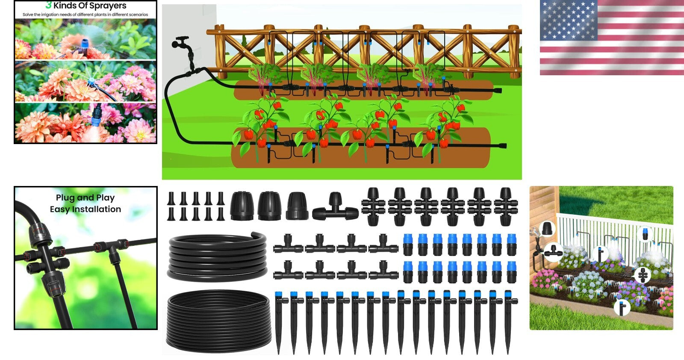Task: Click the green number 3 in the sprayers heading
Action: coord(48,5)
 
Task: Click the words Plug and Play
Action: coord(85,198)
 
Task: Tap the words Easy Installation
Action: coord(85,209)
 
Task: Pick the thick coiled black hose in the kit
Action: coord(218,257)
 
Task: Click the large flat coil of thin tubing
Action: coord(218,321)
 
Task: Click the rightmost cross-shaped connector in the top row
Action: coord(506,207)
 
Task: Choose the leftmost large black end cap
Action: coord(242,206)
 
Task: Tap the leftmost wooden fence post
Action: coord(220,51)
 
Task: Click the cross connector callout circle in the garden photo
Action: coord(642,275)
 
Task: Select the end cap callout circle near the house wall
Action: coord(548,229)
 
